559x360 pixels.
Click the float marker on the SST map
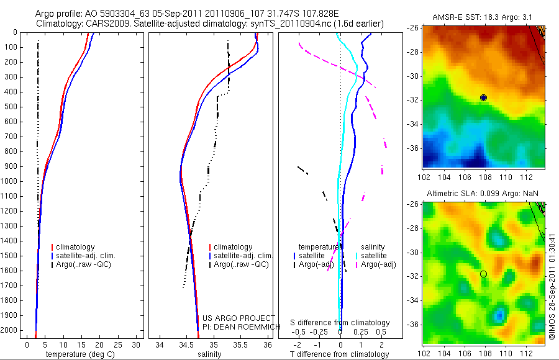tap(483, 97)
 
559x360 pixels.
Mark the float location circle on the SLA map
tap(483, 274)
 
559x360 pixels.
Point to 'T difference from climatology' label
tap(340, 354)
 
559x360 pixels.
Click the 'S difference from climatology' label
tap(340, 323)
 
